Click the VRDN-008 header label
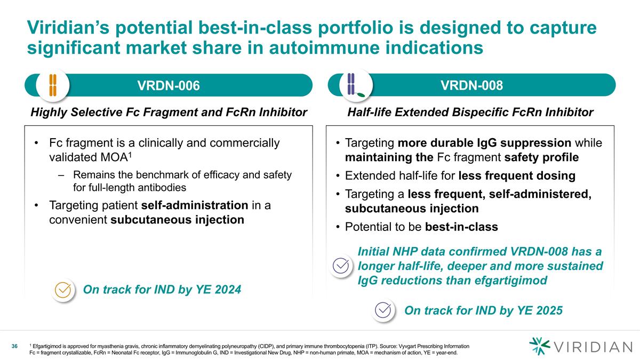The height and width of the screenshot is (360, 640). [477, 85]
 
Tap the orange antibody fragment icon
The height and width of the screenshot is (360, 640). [53, 85]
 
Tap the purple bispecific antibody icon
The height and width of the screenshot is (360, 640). [354, 85]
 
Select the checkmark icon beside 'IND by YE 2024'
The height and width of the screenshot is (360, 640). [63, 290]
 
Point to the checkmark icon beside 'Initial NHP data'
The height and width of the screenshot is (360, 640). [341, 265]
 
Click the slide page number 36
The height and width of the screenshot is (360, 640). [15, 347]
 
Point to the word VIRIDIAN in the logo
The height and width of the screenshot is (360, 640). [592, 348]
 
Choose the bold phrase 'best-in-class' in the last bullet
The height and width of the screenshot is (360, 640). [462, 227]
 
